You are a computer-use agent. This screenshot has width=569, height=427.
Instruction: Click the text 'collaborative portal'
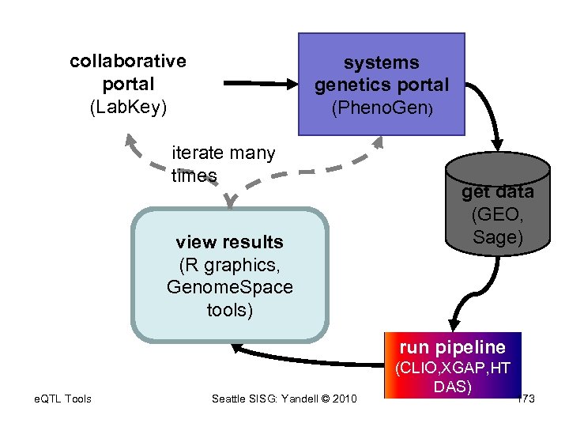[x=128, y=72]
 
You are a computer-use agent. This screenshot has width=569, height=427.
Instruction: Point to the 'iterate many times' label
[x=223, y=164]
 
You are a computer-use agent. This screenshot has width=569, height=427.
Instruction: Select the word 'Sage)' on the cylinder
[x=497, y=236]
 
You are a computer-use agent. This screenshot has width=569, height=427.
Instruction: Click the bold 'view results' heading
[x=229, y=242]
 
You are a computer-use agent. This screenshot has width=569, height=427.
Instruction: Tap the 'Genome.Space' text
[x=229, y=287]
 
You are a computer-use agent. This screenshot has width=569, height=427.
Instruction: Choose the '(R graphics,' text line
[x=229, y=264]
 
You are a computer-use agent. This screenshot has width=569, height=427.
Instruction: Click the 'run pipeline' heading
[x=452, y=347]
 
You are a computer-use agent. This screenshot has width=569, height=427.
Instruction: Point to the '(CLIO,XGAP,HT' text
[x=452, y=368]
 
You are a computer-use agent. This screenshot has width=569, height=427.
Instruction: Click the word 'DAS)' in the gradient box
[x=452, y=387]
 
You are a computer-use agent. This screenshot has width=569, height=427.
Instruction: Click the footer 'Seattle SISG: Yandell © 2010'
[x=284, y=399]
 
